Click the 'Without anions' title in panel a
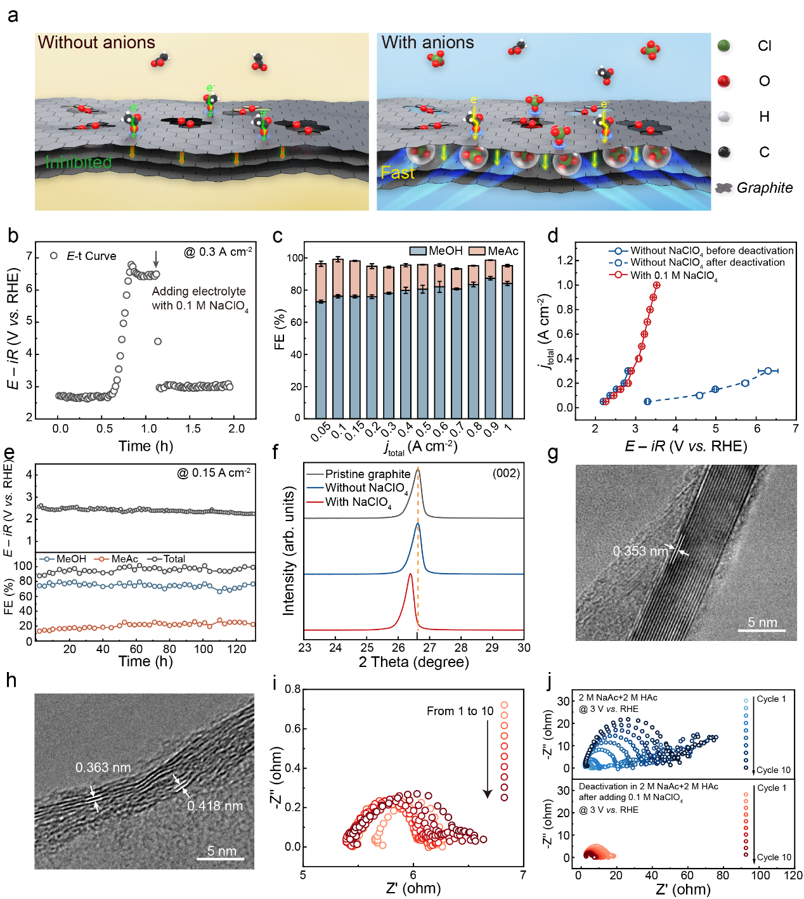pos(96,42)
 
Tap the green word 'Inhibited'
pos(79,162)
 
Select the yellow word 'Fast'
pos(398,172)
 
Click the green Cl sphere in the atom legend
pos(723,46)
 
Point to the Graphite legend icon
pos(723,188)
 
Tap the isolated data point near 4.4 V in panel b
pos(158,341)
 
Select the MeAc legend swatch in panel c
pos(477,251)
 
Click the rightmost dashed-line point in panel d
pos(768,371)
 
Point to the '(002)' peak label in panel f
pos(506,473)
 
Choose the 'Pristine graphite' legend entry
pos(367,474)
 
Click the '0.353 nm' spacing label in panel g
pos(640,551)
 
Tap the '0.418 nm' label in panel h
pos(215,806)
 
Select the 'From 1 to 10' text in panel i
pos(460,711)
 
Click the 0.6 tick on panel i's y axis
pos(292,728)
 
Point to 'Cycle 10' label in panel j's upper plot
pos(774,770)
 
